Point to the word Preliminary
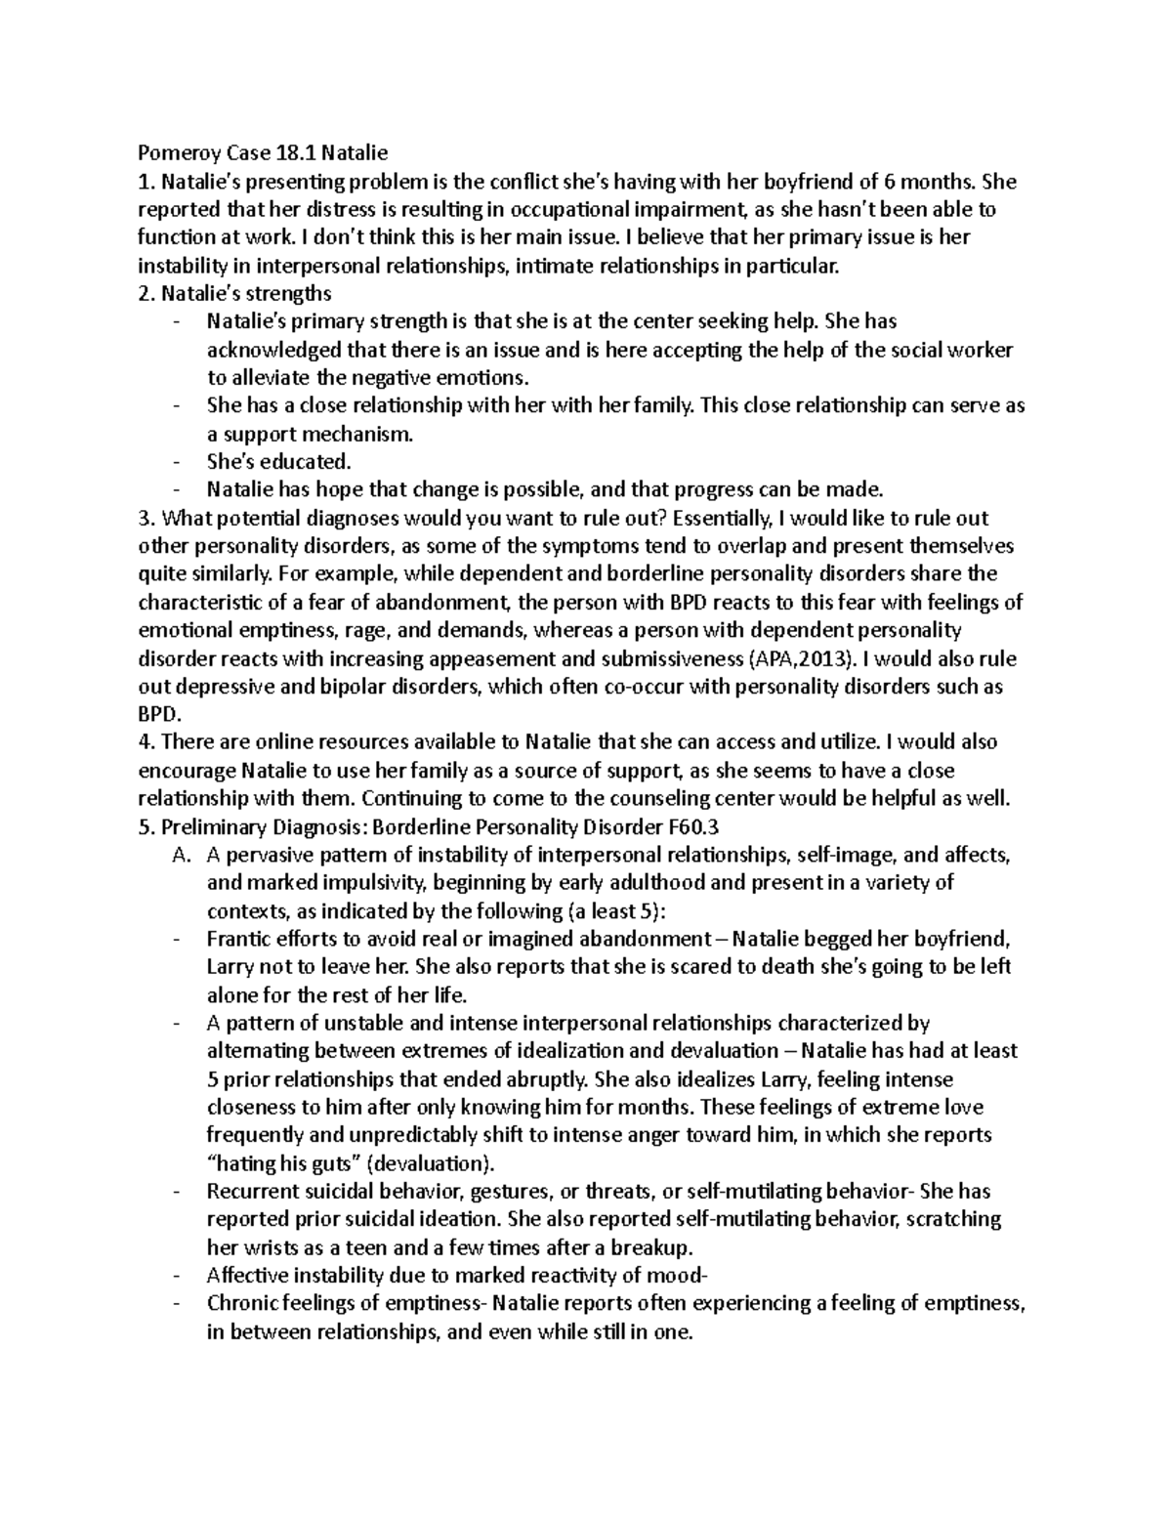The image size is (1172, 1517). (209, 827)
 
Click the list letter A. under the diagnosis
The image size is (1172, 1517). (178, 856)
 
